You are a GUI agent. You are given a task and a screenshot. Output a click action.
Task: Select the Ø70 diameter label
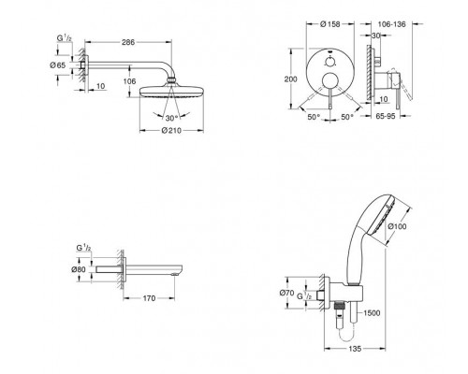pos(286,293)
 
